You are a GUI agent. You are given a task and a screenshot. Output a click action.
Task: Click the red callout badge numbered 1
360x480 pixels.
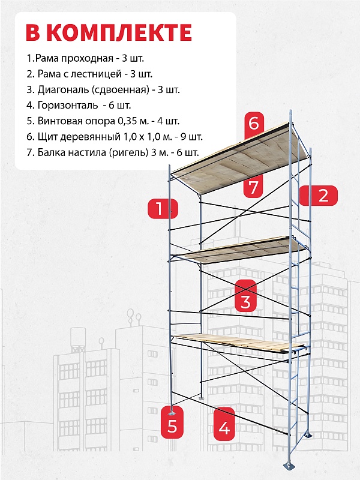(x=163, y=209)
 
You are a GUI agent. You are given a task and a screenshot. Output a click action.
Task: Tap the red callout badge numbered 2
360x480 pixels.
(x=319, y=196)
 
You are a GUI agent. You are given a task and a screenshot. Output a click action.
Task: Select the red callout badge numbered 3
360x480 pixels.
(x=245, y=296)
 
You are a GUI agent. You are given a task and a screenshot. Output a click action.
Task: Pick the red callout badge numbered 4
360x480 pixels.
(x=224, y=424)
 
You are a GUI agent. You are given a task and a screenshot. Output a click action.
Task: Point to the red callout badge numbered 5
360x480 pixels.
(x=172, y=422)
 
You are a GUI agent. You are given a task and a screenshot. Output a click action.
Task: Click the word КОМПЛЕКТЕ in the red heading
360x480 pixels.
(x=120, y=32)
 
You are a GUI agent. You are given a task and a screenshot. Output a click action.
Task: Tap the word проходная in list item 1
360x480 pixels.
(x=87, y=58)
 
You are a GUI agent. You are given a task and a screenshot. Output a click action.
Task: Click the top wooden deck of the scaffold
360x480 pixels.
(x=239, y=159)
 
